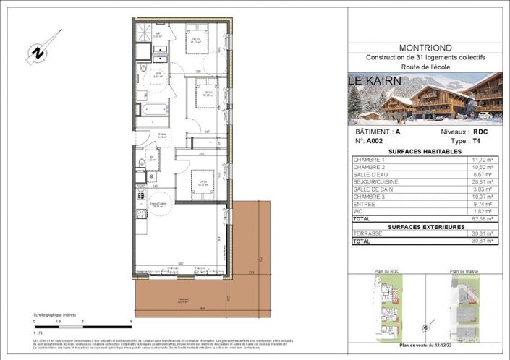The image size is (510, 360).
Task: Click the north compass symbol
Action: pos(35,53)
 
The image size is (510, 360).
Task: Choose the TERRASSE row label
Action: pos(367,233)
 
